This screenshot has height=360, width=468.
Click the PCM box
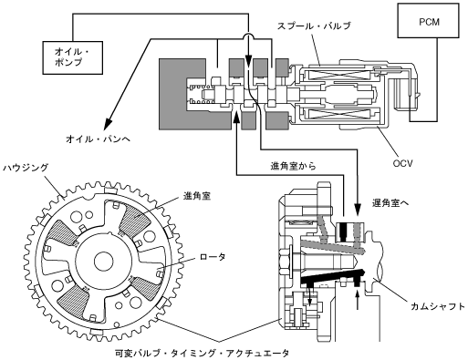[428, 21]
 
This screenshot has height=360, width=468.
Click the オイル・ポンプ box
[73, 57]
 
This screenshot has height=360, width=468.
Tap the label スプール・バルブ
[314, 26]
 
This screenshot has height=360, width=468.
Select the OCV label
[402, 163]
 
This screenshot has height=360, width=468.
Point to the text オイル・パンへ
[98, 139]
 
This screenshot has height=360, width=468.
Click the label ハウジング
[26, 168]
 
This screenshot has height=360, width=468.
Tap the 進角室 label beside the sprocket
[197, 196]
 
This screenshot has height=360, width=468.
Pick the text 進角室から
[293, 166]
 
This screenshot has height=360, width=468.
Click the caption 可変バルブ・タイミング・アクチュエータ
[203, 354]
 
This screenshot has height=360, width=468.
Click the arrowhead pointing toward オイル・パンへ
[109, 123]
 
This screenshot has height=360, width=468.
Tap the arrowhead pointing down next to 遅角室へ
[358, 209]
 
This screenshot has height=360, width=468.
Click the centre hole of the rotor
[103, 261]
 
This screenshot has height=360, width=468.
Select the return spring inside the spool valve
[201, 94]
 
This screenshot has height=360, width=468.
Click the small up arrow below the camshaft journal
[358, 300]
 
